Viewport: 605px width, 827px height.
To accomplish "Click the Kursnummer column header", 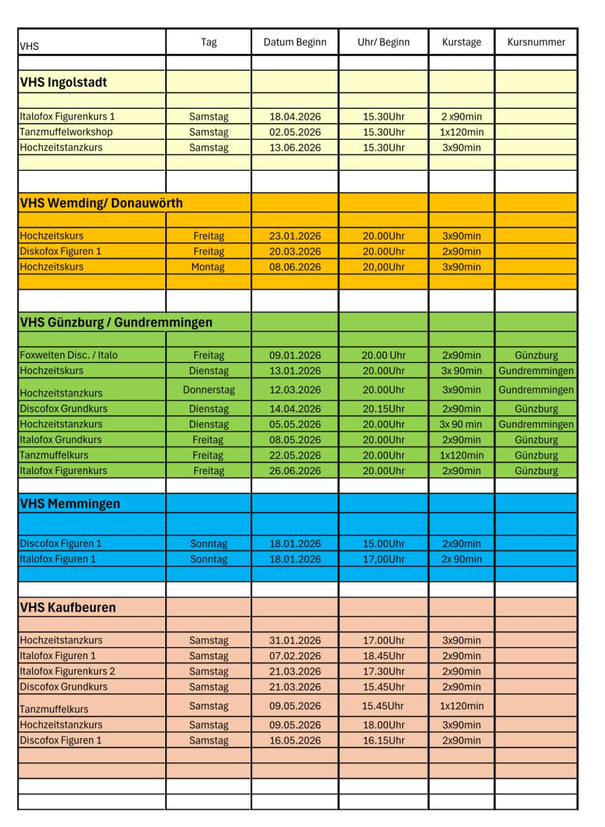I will [x=536, y=42].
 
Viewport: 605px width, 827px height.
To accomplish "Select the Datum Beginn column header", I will [x=295, y=42].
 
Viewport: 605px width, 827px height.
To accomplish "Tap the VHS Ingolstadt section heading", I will [x=63, y=82].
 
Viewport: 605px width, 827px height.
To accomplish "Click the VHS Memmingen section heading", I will [x=70, y=503].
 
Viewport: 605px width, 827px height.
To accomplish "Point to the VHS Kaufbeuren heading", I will [x=68, y=607].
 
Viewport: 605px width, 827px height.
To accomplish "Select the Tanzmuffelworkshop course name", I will [x=66, y=132].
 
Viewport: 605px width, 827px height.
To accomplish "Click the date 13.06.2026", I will [x=295, y=148].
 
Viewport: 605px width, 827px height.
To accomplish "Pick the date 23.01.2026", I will [x=295, y=236].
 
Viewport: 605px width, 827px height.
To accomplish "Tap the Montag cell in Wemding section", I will [x=208, y=267].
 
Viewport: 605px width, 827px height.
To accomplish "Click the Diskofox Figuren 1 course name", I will [x=60, y=251].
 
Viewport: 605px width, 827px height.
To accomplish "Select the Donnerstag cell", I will [x=209, y=390].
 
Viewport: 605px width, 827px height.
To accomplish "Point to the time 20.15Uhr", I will [x=383, y=409].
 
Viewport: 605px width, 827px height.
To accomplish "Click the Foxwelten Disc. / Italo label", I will [x=69, y=355].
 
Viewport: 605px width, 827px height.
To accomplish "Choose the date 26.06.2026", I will [x=295, y=471].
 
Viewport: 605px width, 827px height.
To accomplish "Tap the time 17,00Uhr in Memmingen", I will [x=383, y=559].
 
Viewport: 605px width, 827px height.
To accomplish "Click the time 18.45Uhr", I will [x=383, y=656].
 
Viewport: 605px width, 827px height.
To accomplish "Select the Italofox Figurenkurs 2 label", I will [x=68, y=671].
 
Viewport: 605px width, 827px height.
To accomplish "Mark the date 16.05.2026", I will [x=295, y=740].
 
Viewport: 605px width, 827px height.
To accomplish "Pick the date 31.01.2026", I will [x=295, y=640].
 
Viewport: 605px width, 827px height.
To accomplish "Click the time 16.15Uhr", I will [x=383, y=740].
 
